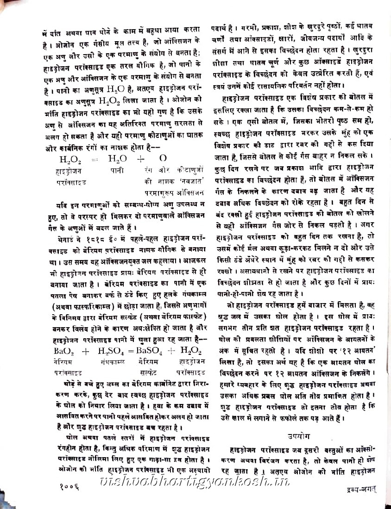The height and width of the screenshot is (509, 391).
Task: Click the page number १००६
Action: pyautogui.click(x=70, y=487)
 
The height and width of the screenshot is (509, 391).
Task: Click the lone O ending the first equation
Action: pyautogui.click(x=163, y=159)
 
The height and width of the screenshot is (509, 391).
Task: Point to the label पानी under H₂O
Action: pyautogui.click(x=116, y=171)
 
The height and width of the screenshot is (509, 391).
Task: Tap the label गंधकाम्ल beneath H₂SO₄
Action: pyautogui.click(x=112, y=361)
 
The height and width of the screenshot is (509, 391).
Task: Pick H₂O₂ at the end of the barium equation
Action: pyautogui.click(x=189, y=350)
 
